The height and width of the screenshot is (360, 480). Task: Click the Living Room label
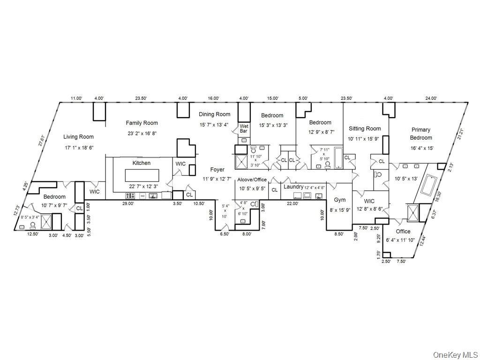[x=78, y=137]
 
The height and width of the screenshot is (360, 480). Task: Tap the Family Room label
[x=142, y=123]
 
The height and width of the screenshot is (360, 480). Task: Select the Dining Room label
[x=214, y=114]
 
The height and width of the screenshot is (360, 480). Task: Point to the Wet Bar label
[x=244, y=129]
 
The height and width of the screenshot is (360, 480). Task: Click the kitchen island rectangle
[x=142, y=176]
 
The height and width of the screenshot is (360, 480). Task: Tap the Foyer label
[x=217, y=170]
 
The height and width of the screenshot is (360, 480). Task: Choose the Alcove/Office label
[x=252, y=180]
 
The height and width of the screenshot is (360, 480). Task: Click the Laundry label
[x=293, y=187]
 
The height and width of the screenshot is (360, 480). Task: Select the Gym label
[x=339, y=200]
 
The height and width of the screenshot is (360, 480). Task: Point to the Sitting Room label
[x=364, y=128]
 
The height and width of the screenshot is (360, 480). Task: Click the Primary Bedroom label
[x=420, y=134]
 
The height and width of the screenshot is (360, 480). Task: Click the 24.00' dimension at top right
[x=431, y=98]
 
